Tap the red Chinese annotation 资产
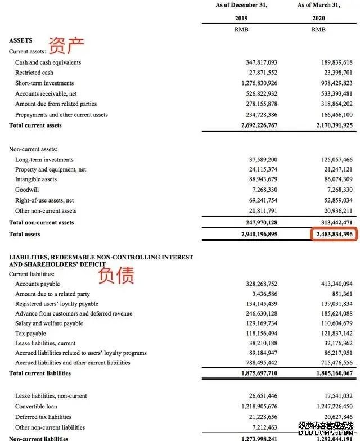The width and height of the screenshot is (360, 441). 66,45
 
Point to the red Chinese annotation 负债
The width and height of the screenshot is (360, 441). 116,275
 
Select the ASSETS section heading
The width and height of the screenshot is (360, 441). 21,40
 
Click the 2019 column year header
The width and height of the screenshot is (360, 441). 241,18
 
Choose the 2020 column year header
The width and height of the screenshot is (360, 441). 318,18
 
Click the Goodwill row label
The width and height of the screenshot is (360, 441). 27,190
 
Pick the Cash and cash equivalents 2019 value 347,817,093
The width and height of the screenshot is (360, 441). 258,62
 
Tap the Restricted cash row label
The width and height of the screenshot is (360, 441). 34,73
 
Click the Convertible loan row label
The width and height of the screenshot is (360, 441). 36,406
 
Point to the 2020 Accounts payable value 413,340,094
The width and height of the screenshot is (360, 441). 334,284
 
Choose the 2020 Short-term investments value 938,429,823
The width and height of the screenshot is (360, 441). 334,83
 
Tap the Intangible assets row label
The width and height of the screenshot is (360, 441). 36,179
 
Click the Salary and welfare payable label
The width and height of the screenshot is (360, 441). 49,323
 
